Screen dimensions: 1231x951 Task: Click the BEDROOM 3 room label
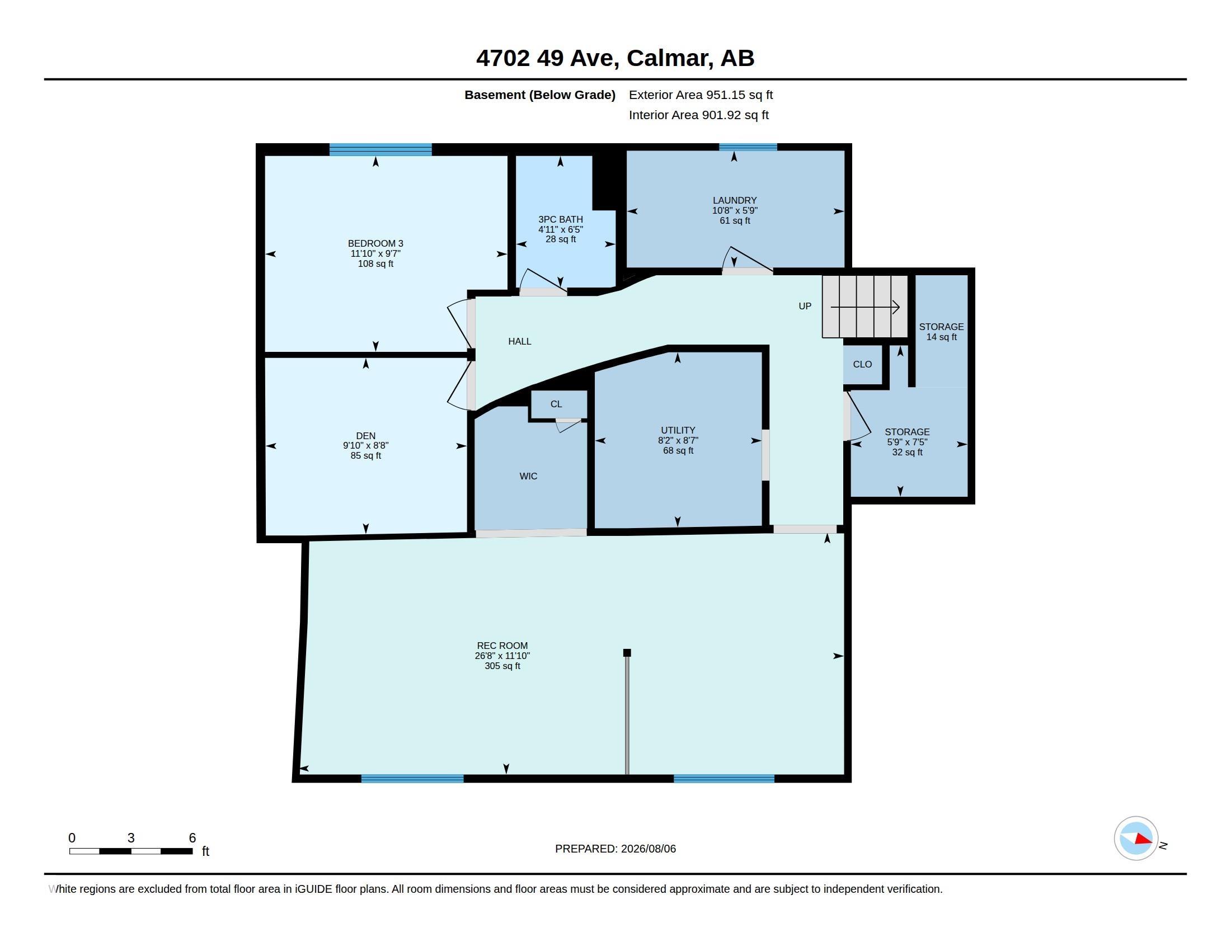coord(375,243)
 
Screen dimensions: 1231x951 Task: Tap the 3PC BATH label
coord(560,219)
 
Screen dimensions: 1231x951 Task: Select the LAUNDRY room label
coord(735,200)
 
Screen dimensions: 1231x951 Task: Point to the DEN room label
coord(366,435)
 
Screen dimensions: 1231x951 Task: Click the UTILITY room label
coord(678,430)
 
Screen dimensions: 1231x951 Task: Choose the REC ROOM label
coord(502,646)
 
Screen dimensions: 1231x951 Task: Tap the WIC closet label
coord(528,476)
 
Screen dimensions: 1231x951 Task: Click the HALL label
coord(520,341)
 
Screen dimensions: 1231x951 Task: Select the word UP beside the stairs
coord(805,306)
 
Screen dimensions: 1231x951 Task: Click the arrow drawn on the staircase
coord(864,307)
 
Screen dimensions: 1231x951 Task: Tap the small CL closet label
coord(556,404)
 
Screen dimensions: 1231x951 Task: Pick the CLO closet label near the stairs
coord(862,364)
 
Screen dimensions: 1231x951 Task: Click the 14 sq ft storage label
coord(941,337)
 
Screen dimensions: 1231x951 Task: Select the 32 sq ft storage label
coord(907,452)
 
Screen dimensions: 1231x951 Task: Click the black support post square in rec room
coord(627,653)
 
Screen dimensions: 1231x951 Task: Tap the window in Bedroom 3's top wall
coord(380,149)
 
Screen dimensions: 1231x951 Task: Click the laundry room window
coord(748,147)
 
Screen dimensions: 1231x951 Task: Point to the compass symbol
coord(1136,839)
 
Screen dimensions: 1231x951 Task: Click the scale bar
coord(131,851)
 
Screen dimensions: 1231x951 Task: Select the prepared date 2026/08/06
coord(648,849)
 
